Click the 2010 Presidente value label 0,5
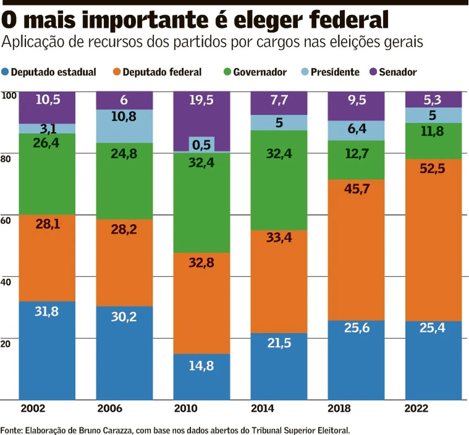click(201, 145)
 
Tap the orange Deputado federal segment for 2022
click(433, 240)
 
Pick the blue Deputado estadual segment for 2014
click(279, 367)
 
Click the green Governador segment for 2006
click(124, 181)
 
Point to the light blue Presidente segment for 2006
click(124, 126)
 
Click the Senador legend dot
click(373, 72)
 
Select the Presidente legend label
click(335, 72)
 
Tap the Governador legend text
click(260, 72)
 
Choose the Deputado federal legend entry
click(157, 72)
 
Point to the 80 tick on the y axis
click(5, 159)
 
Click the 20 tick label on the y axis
click(5, 344)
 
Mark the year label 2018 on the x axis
click(339, 408)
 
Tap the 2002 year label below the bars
click(33, 408)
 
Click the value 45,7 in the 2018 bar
click(357, 189)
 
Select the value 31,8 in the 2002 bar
click(47, 311)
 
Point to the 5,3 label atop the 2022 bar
click(432, 100)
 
